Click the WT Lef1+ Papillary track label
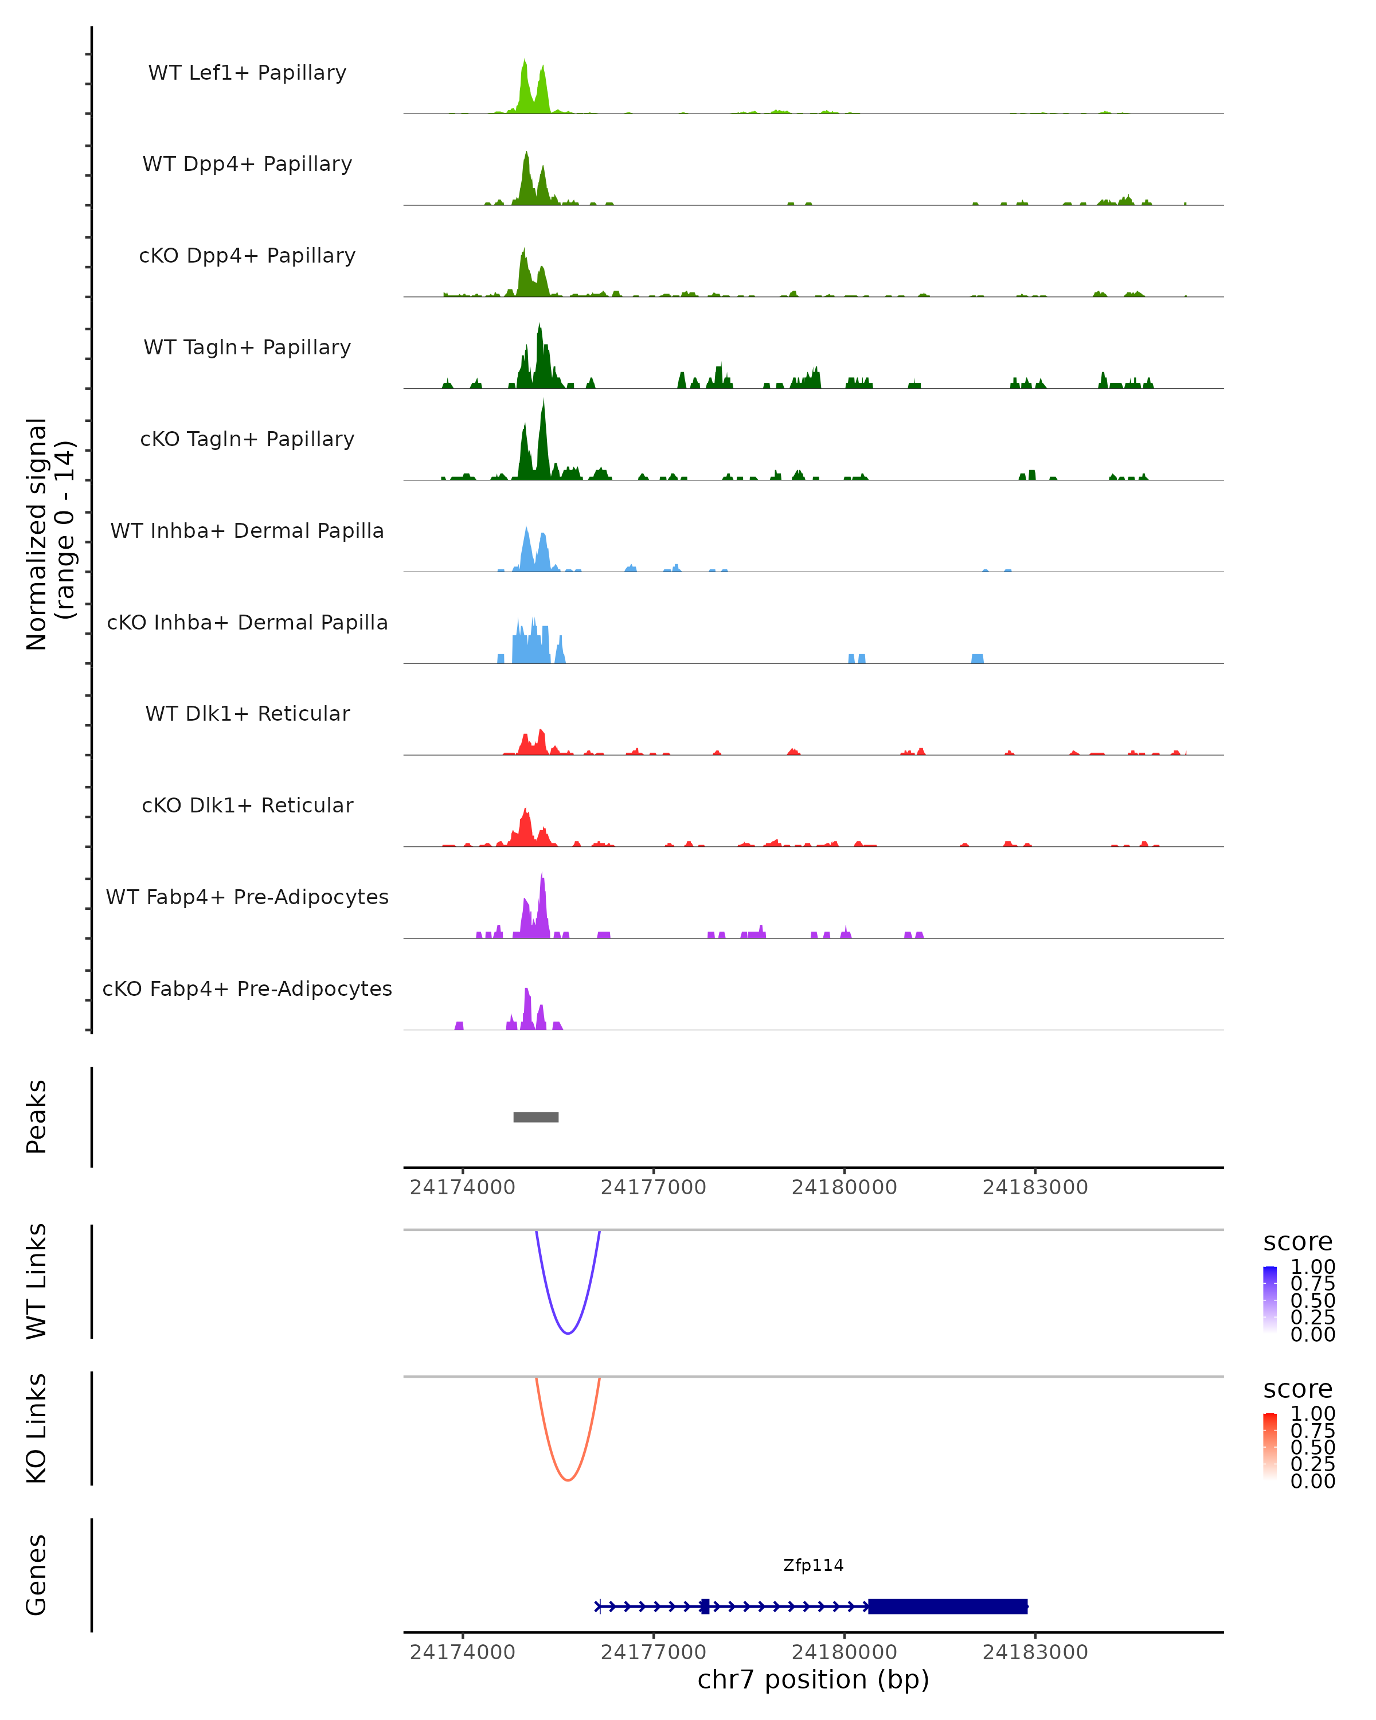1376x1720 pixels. coord(247,73)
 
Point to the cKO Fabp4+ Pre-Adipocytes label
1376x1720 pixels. coord(247,988)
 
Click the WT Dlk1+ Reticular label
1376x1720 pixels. coord(247,713)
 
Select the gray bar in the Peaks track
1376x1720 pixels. coord(536,1117)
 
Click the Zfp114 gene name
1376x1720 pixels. coord(813,1565)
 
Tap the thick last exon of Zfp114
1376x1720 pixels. coord(948,1606)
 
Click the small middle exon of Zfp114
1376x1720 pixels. coord(705,1606)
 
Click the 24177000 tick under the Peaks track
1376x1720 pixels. coord(653,1187)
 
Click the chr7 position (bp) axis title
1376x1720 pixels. coord(813,1679)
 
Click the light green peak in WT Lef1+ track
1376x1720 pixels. coord(525,88)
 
